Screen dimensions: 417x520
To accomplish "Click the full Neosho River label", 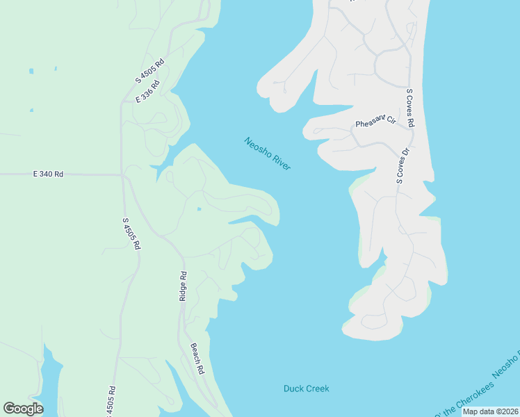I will [268, 154].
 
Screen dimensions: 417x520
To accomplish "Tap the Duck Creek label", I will [307, 389].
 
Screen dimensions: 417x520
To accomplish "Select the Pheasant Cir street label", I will [375, 123].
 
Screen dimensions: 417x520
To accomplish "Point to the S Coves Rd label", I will [410, 108].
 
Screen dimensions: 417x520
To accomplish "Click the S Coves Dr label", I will [401, 165].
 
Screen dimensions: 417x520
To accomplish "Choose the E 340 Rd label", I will [47, 174].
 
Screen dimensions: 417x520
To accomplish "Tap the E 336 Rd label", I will [147, 92].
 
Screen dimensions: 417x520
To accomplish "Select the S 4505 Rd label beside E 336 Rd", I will [149, 72].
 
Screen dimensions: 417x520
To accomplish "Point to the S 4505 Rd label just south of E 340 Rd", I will [131, 234].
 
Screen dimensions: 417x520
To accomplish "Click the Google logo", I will [23, 409].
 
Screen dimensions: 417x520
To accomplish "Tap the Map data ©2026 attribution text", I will [490, 411].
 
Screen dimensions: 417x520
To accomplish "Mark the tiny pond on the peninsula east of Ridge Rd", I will [199, 208].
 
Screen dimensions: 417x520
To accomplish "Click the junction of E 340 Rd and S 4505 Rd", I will [122, 174].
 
